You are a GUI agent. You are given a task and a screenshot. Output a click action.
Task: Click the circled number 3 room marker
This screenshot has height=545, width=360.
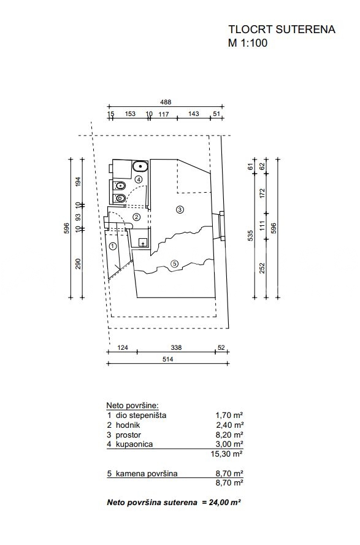coord(180,209)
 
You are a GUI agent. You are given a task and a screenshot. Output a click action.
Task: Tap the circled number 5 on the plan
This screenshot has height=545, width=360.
coord(175,264)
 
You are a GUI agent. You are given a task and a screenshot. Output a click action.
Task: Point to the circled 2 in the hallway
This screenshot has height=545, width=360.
coord(137,217)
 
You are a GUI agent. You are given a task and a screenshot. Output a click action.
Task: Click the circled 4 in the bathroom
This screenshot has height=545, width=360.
coord(139,180)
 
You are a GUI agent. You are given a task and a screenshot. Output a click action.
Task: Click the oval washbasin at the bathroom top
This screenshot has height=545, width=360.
coord(140,166)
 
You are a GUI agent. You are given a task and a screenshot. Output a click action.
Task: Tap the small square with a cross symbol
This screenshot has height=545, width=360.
coord(143,242)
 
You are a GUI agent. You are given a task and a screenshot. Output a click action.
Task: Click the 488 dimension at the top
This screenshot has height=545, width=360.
coord(166,102)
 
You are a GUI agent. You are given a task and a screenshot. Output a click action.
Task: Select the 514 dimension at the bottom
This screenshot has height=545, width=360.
coord(167,359)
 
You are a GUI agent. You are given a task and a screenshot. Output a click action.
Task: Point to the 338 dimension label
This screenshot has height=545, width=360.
coord(176,347)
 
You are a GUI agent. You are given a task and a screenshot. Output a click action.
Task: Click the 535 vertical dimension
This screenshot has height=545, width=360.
coord(251,235)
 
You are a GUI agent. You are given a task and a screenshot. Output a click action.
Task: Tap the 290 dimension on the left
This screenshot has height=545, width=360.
coord(78,263)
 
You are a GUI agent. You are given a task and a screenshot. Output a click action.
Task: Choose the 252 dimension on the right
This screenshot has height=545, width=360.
coord(262,268)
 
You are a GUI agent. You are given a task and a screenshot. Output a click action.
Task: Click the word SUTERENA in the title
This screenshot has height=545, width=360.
coord(305,29)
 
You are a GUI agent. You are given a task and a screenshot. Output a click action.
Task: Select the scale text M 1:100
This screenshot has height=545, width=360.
coord(248,43)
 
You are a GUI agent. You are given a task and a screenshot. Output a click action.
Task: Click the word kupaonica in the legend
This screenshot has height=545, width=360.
coord(134,444)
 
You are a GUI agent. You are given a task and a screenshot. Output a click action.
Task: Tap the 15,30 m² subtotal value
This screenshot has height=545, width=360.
coord(227,454)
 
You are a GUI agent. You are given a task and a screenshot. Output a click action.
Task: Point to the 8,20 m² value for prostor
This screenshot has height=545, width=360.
coord(229,435)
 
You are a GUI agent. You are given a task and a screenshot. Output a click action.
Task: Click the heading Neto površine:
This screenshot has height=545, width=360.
coord(132,405)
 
